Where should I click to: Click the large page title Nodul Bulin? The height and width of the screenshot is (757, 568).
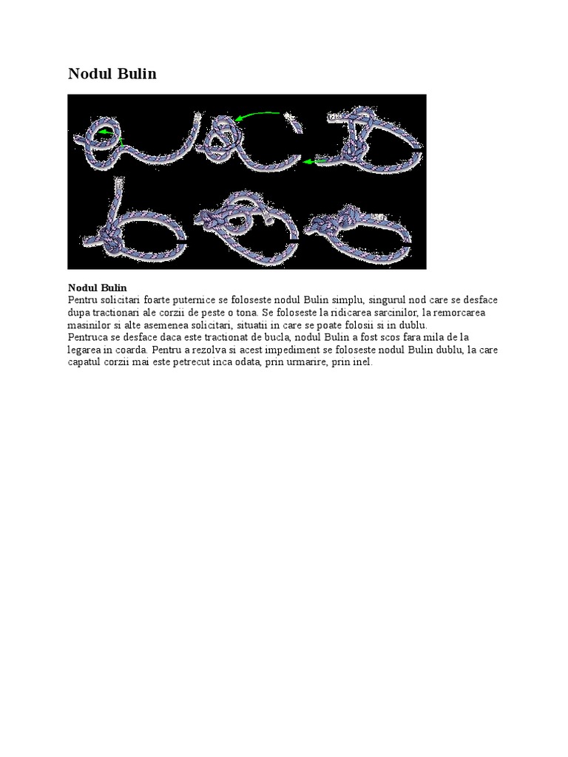tap(112, 74)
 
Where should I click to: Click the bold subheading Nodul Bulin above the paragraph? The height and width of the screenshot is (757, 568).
tap(97, 288)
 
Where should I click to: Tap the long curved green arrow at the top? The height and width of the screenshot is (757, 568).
tap(257, 115)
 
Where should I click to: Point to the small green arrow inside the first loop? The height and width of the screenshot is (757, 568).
tap(108, 133)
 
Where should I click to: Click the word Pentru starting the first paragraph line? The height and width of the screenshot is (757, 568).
tap(82, 300)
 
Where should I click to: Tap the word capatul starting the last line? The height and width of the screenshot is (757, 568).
tap(85, 363)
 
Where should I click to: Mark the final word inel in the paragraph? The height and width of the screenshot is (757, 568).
tap(362, 363)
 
